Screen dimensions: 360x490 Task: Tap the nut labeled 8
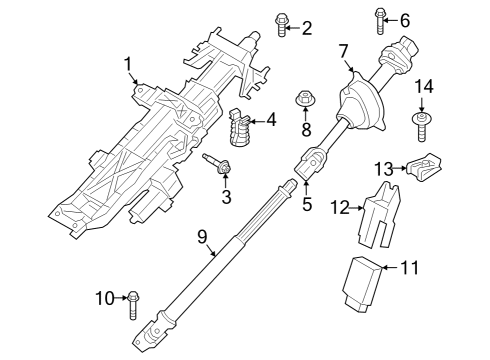point(306,100)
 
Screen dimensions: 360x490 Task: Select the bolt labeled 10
point(136,297)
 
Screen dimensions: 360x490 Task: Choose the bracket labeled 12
point(379,215)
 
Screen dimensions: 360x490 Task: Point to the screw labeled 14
point(422,125)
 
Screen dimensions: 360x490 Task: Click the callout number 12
point(340,208)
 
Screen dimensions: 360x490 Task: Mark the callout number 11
point(411,267)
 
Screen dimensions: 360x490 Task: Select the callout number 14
point(424,87)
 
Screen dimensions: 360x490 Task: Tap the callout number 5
point(307,205)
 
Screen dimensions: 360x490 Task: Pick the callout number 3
point(227,197)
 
